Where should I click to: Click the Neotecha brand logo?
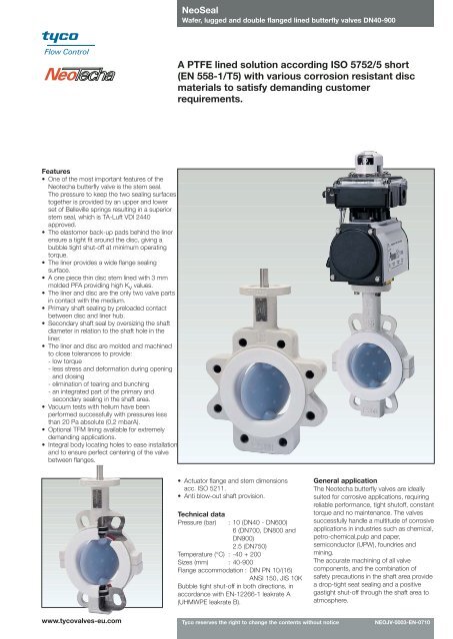pyautogui.click(x=53, y=75)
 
